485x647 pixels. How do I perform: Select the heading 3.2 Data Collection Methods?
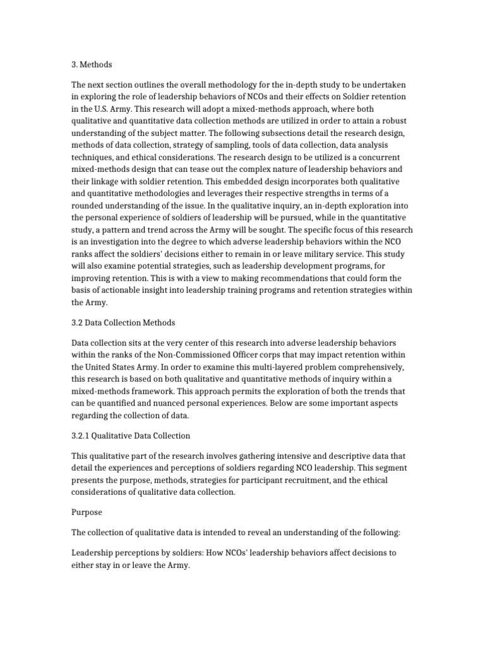tap(123, 322)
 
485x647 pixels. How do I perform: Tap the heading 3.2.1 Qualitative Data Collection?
tap(130, 436)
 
